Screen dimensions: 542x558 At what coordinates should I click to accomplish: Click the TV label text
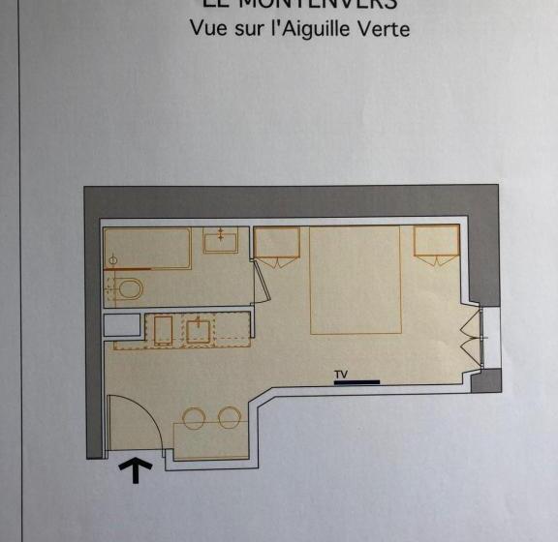click(x=340, y=374)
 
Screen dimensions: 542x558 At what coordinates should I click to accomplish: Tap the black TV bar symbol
click(x=356, y=382)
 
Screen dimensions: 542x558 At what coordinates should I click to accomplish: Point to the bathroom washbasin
click(x=221, y=240)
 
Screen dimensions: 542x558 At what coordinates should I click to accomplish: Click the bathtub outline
click(x=148, y=249)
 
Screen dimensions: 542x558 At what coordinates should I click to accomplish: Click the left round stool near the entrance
click(x=195, y=418)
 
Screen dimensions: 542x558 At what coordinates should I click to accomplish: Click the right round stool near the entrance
click(x=230, y=418)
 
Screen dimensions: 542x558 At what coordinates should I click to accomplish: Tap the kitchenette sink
click(x=199, y=330)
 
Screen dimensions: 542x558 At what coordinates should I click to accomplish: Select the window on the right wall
click(x=474, y=337)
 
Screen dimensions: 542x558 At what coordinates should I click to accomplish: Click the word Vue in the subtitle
click(x=208, y=28)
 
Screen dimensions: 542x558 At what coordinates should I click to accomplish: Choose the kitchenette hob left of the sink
click(x=163, y=330)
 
